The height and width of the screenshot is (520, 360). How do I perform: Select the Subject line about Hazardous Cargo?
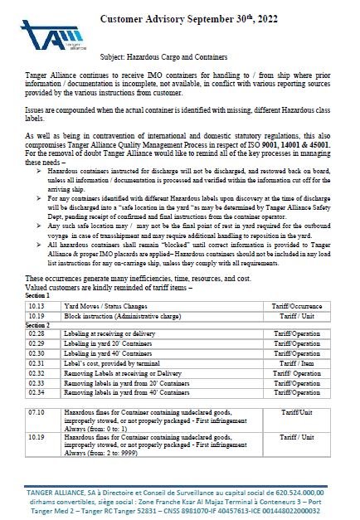[177, 57]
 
